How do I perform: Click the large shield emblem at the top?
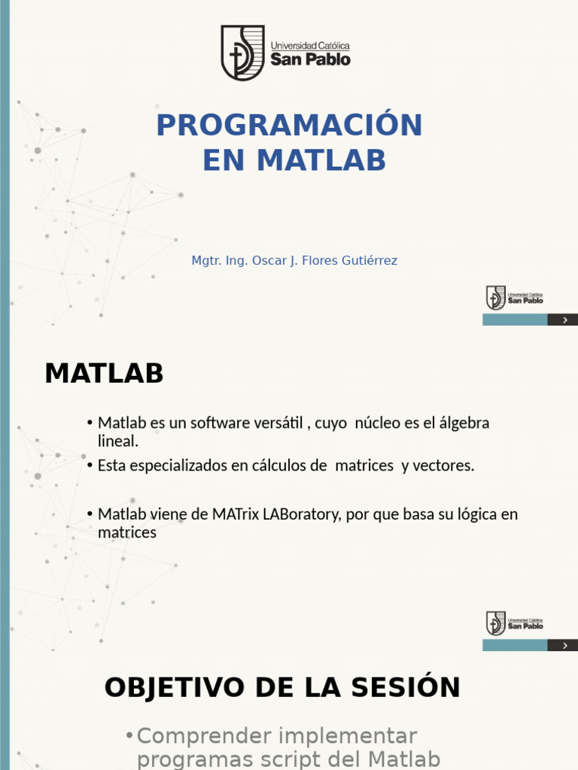coord(242,53)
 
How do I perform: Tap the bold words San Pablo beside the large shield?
coord(311,59)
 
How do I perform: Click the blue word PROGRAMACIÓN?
coord(289,126)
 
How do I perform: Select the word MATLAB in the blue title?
coord(321,160)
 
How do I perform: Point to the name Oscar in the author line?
coord(269,261)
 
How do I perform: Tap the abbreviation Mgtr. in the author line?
coord(207,261)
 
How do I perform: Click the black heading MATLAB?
coord(104,373)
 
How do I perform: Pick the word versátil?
coord(281,423)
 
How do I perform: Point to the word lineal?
coord(118,441)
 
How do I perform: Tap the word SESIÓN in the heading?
coord(409,687)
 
